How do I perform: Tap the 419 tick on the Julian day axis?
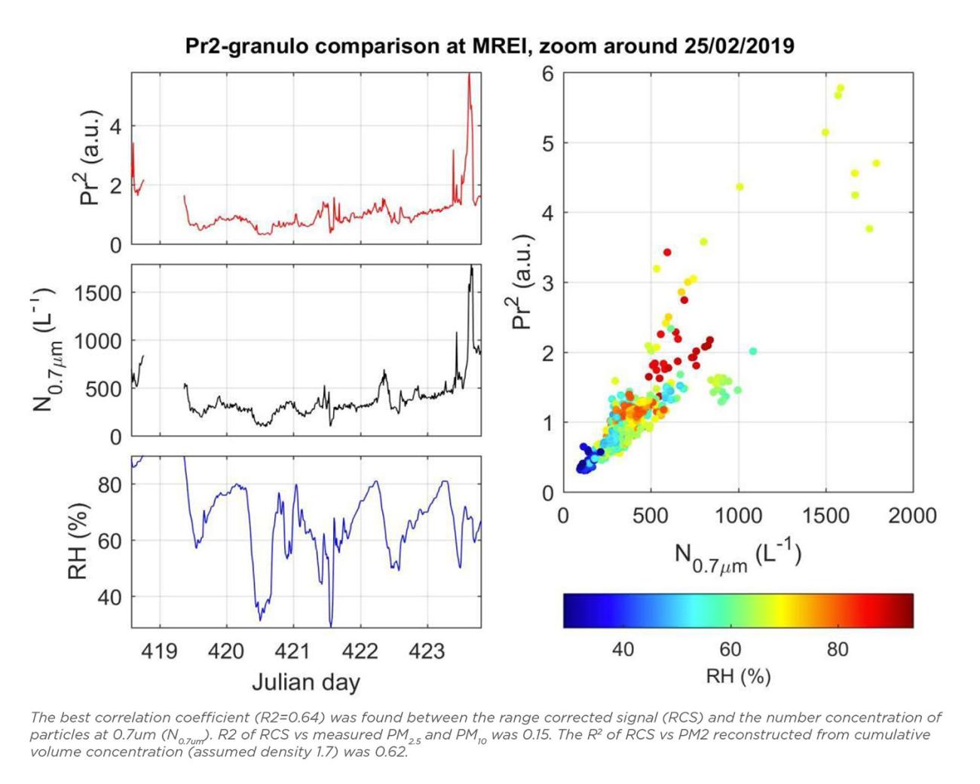pos(160,651)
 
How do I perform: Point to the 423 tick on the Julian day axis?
pos(427,651)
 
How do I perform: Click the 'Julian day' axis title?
pos(305,682)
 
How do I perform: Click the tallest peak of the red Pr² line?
pos(469,75)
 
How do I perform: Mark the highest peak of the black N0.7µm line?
pos(472,266)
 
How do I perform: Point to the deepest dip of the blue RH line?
pos(330,625)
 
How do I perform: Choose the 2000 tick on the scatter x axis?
pos(912,516)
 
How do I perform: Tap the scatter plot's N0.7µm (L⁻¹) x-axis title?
pos(737,557)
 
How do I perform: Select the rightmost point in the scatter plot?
pos(876,163)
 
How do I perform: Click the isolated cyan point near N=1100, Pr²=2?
pos(752,351)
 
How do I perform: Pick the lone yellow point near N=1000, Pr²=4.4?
pos(740,187)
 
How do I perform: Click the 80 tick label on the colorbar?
pos(837,649)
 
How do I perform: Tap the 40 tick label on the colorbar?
pos(623,649)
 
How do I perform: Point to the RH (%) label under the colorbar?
pos(737,675)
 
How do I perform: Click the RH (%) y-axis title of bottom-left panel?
pos(78,541)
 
